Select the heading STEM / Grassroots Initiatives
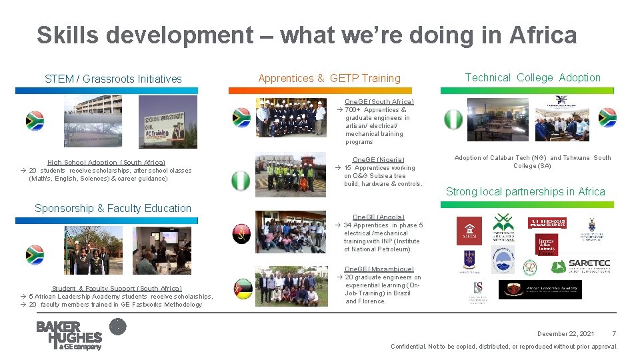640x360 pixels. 113,79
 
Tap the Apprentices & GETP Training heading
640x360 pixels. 329,78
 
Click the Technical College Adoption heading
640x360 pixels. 533,77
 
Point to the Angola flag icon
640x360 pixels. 241,233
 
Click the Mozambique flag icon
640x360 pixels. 243,289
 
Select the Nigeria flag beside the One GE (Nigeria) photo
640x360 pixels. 241,180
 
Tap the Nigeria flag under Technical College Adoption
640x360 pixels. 453,119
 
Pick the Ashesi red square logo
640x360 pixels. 469,231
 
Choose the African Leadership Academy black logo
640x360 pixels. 540,289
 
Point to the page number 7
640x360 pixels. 613,333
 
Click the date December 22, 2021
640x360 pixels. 566,333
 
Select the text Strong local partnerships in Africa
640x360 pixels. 525,192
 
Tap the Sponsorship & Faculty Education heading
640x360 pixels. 113,208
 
